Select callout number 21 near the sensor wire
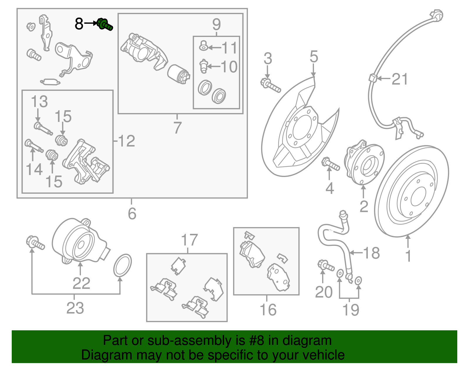400,79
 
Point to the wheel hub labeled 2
364,164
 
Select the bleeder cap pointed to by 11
203,46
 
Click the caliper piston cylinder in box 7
178,74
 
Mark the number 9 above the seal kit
216,24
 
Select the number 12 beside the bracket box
126,141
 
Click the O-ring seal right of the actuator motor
123,265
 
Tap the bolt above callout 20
326,265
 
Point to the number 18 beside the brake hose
371,253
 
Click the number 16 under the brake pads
268,310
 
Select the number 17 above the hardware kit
189,240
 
